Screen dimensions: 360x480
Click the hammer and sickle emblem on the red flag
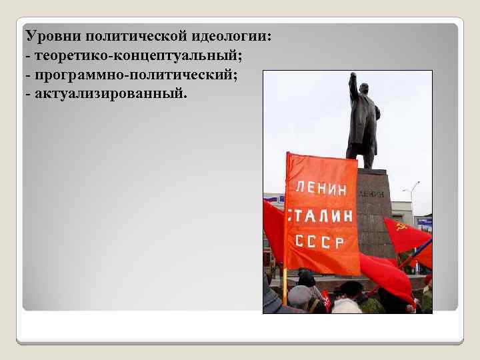point(401,227)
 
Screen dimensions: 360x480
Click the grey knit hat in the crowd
point(299,293)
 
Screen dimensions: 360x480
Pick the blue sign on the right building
point(424,221)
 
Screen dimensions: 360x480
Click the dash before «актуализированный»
point(27,93)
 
